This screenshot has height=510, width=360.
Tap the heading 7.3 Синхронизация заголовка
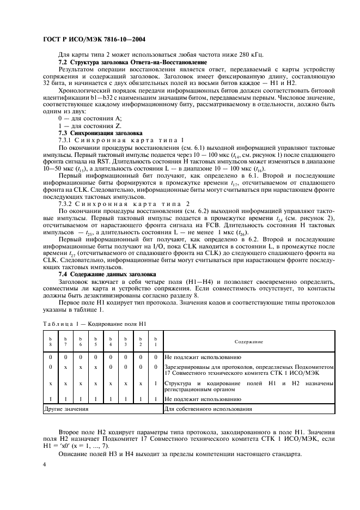[x=100, y=133]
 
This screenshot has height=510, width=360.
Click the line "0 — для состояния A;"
[x=90, y=118]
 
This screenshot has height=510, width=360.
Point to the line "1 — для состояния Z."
[x=90, y=125]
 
